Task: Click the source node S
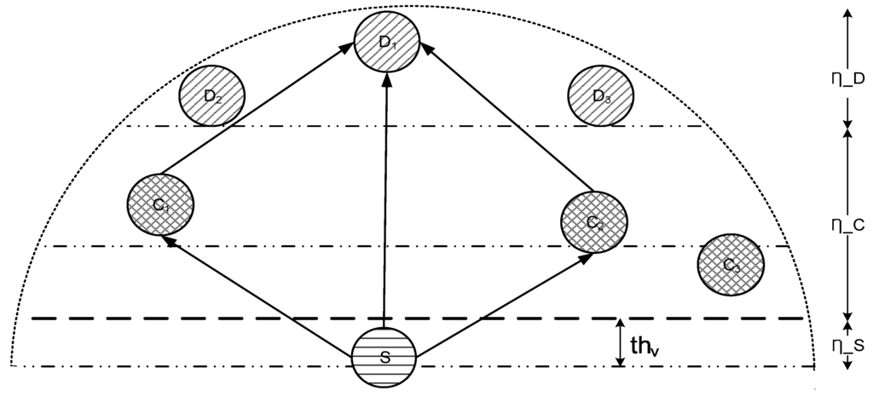(x=384, y=358)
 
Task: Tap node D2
(x=212, y=95)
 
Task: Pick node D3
(x=601, y=95)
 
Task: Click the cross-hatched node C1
(x=160, y=204)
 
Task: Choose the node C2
(x=594, y=223)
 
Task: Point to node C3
(x=731, y=265)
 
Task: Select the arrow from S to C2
(x=503, y=301)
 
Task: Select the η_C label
(x=847, y=225)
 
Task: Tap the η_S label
(x=847, y=346)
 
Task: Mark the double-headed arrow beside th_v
(x=620, y=343)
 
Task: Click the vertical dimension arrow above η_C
(x=847, y=170)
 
